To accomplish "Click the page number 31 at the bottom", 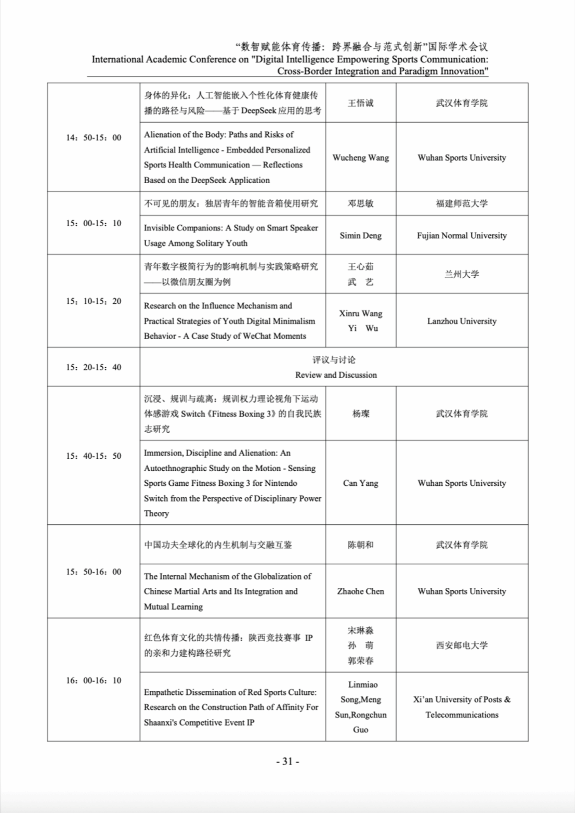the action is (x=287, y=762).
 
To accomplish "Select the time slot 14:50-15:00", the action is (x=94, y=138).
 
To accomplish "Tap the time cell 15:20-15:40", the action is (x=94, y=367).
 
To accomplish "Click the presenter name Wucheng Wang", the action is (x=360, y=158).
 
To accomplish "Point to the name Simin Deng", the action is (x=360, y=236).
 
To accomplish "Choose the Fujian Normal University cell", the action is (x=462, y=236).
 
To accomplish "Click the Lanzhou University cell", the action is (x=462, y=321).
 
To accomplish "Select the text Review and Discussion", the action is (x=336, y=375).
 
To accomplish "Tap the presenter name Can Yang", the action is (x=360, y=483).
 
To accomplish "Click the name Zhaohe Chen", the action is (x=360, y=591).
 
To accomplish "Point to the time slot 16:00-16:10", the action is (x=94, y=680).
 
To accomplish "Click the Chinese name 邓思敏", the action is (x=360, y=203).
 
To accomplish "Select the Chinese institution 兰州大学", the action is (x=462, y=274).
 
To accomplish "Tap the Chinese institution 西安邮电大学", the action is (x=462, y=646).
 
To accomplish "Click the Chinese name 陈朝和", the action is (x=360, y=545).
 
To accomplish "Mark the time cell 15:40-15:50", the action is (x=94, y=456).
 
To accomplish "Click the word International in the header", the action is (x=117, y=59).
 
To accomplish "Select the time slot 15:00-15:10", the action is (x=94, y=224).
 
